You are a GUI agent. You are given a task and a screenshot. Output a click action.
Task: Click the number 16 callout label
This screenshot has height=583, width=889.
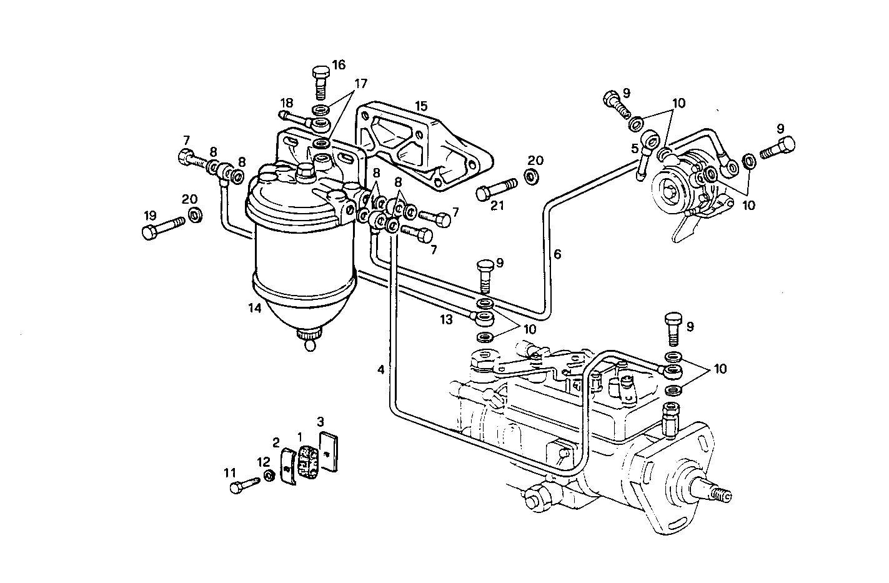point(339,65)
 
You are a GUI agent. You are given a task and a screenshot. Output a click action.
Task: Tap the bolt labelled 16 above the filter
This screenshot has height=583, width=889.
point(319,81)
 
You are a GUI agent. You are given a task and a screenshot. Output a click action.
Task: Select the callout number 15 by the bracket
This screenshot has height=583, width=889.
point(422,105)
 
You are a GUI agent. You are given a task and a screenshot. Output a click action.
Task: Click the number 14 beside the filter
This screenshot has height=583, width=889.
point(254,307)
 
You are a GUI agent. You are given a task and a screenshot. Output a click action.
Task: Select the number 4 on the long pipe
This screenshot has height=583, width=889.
point(380,369)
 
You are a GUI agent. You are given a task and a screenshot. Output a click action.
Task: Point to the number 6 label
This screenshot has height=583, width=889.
point(557,254)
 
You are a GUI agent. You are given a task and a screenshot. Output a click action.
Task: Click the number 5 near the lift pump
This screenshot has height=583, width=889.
point(635,148)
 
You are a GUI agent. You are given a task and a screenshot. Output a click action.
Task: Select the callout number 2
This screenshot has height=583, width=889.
point(276,443)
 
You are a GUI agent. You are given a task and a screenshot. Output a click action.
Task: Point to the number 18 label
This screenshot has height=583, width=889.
point(286,102)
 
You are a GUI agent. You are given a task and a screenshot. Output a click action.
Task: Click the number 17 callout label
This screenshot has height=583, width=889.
point(360,84)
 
